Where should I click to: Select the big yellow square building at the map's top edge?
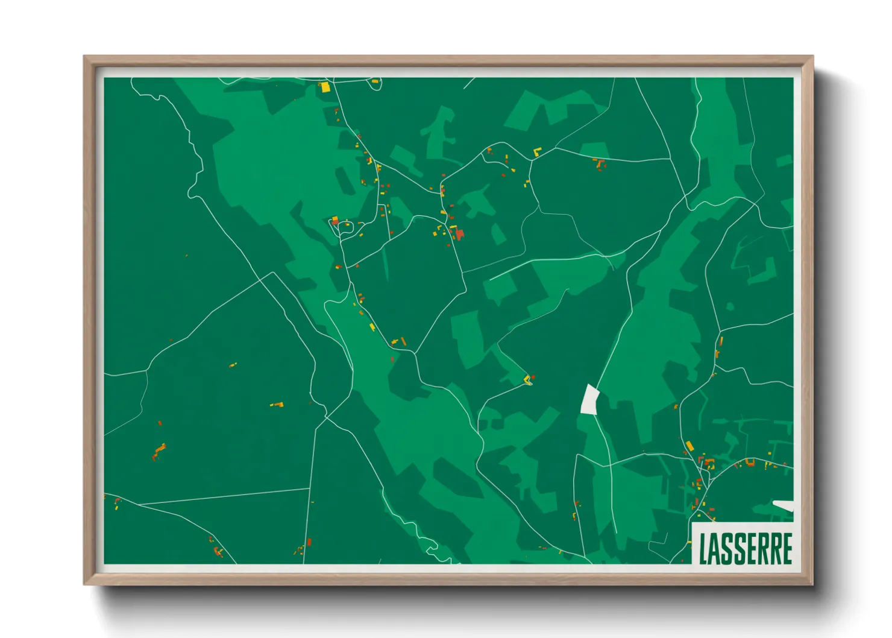click(x=325, y=87)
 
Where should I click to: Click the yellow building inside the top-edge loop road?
click(x=375, y=81)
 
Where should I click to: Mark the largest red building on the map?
click(x=460, y=233)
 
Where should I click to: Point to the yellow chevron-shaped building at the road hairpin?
click(x=527, y=379)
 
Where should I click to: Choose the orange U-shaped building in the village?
click(x=750, y=463)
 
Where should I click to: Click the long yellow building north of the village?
click(x=689, y=446)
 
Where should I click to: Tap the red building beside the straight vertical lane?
click(x=309, y=542)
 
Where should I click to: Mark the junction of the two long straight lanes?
click(x=312, y=488)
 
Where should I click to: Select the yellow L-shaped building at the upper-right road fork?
click(x=536, y=151)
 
